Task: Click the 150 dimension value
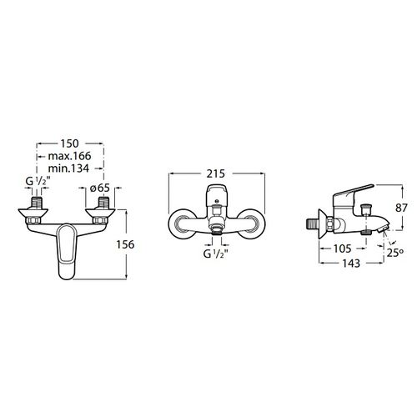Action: [70, 143]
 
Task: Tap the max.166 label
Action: [69, 156]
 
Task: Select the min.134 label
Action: [68, 168]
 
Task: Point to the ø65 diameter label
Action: [100, 188]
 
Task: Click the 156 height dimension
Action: [125, 244]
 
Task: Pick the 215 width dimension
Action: [216, 173]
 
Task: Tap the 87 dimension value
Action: [401, 208]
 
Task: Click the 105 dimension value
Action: [343, 249]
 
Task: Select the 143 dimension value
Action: [351, 263]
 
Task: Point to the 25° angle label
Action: [395, 252]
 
